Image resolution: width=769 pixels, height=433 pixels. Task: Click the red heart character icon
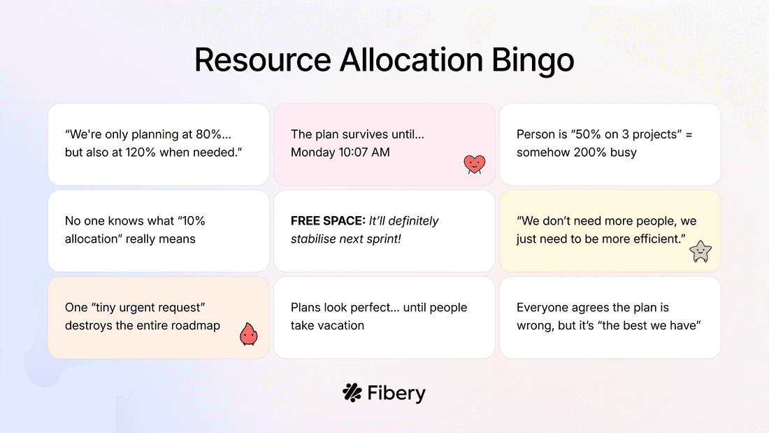pos(474,164)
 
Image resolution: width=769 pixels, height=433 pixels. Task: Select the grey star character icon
pos(700,251)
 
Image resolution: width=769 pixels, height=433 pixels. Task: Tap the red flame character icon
pos(248,334)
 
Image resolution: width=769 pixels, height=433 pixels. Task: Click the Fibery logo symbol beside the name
pos(352,392)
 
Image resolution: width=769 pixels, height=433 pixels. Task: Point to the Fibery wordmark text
pos(396,393)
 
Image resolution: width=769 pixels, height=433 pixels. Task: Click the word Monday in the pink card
pos(311,152)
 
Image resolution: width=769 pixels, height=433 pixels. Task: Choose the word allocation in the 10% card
pos(90,239)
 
